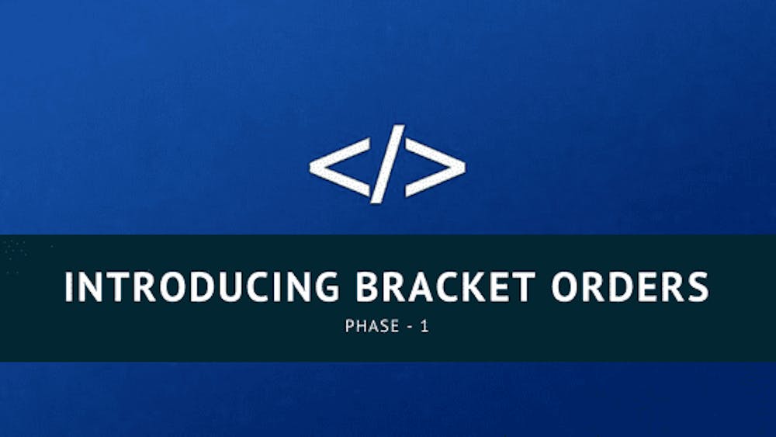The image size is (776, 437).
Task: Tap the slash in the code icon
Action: pyautogui.click(x=386, y=164)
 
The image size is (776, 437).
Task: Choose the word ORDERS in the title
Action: pyautogui.click(x=629, y=286)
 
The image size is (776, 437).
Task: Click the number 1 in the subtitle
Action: pyautogui.click(x=424, y=326)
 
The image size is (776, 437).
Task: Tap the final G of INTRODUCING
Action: pyautogui.click(x=324, y=286)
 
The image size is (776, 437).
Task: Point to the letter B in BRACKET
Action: pyautogui.click(x=369, y=286)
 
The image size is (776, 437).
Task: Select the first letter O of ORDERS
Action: pyautogui.click(x=565, y=286)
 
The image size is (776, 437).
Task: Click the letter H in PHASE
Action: pyautogui.click(x=359, y=326)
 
